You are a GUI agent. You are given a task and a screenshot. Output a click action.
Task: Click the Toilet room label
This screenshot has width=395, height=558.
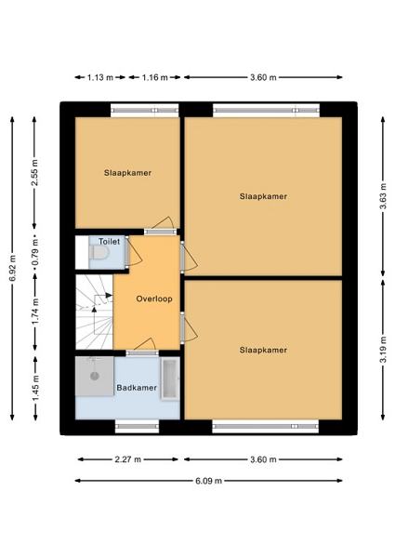(109, 242)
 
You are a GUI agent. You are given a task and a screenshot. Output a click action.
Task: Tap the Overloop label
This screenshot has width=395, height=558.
(154, 299)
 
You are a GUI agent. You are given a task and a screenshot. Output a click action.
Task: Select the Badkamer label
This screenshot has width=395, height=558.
(137, 388)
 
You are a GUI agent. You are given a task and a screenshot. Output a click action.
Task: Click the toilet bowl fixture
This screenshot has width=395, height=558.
(99, 253)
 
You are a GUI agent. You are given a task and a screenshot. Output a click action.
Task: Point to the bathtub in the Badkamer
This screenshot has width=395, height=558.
(170, 379)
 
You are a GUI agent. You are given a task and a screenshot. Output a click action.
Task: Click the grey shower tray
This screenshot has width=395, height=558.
(95, 376)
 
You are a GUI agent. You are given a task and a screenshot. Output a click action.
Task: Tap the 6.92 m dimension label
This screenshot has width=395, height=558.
(13, 269)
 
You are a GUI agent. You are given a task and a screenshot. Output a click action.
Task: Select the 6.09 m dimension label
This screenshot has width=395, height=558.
(209, 481)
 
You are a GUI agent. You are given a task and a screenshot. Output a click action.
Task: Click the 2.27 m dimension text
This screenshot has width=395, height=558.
(128, 459)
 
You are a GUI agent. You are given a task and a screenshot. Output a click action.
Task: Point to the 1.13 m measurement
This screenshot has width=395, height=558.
(100, 77)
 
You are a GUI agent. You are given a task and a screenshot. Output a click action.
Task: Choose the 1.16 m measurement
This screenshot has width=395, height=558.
(155, 77)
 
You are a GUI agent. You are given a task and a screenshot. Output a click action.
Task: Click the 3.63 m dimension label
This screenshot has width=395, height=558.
(383, 197)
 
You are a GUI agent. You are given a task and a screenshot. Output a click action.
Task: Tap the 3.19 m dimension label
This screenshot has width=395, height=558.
(383, 350)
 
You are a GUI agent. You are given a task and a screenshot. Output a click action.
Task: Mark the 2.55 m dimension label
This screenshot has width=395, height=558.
(34, 173)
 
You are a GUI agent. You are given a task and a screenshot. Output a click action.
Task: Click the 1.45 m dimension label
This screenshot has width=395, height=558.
(35, 388)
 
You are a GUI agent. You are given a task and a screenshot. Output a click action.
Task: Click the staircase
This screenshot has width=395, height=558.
(95, 312)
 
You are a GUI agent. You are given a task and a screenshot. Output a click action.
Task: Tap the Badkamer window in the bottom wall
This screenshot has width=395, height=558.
(137, 426)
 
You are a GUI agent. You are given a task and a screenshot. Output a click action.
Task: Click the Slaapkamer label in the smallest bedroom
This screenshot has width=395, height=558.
(127, 173)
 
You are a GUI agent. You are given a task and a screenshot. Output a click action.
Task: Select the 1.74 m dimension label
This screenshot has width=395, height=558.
(35, 312)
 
